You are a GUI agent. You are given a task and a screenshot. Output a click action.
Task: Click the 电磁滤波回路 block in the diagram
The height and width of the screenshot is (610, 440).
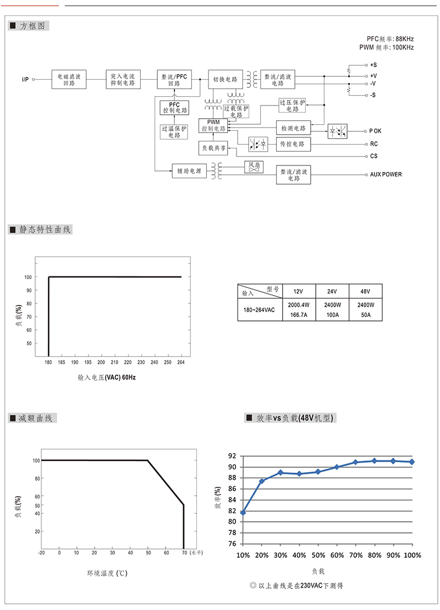pos(69,79)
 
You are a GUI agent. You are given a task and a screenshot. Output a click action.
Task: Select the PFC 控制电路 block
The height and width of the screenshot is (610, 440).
pos(174,107)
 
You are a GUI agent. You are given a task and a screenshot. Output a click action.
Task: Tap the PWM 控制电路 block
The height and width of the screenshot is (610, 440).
pos(213,125)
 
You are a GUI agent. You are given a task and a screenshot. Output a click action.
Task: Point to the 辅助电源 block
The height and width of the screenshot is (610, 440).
pos(189,171)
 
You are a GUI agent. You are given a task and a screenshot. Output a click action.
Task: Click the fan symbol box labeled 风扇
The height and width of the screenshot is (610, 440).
pos(254,167)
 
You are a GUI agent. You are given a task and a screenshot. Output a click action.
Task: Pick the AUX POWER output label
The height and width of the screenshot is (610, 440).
pos(386,175)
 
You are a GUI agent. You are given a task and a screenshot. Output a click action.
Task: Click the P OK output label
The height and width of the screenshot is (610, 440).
pos(375,131)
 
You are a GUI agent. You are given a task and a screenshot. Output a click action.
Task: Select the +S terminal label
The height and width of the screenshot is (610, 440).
pos(373,65)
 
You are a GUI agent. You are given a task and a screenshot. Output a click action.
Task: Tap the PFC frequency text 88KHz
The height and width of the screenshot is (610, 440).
pos(405,39)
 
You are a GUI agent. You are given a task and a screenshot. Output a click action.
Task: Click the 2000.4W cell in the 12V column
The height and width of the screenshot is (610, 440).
pos(299,305)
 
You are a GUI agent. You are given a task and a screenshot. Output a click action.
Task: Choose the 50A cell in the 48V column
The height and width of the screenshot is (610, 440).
pos(366,315)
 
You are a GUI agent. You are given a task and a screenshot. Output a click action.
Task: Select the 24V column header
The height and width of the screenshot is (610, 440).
pos(332,291)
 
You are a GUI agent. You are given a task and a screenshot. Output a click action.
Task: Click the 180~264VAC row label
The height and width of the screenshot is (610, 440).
pos(259,310)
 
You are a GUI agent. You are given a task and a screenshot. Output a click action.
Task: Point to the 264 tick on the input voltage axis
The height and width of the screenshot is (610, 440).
pos(180,362)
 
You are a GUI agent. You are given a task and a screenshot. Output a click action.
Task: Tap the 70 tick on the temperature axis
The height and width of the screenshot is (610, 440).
pos(184,552)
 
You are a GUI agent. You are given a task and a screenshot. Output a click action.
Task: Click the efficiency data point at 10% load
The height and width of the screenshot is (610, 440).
pos(243,513)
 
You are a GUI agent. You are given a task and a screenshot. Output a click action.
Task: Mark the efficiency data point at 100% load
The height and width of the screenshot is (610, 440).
pos(412,462)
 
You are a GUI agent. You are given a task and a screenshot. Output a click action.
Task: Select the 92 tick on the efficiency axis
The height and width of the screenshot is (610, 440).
pos(232,456)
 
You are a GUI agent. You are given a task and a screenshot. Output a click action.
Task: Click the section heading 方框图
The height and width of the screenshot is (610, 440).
pos(32,26)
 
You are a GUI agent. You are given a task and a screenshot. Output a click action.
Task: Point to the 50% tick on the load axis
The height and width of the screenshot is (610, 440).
pos(318,555)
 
